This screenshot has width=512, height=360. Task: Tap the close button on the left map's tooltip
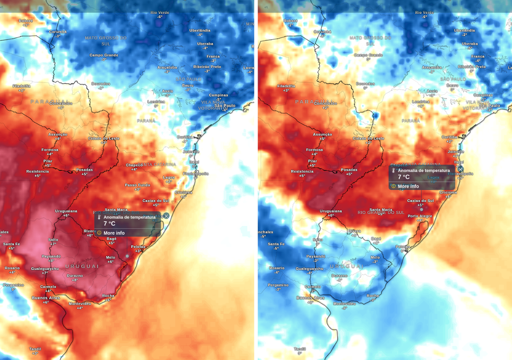click(x=166, y=216)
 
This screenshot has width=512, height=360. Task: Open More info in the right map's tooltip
click(x=408, y=186)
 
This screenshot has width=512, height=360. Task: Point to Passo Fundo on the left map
click(x=137, y=185)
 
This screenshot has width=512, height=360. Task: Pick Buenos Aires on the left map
click(x=47, y=298)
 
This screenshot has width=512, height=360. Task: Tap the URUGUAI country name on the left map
click(x=82, y=265)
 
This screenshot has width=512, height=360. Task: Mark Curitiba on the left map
click(x=185, y=136)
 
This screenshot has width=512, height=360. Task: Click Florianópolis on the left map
click(x=195, y=174)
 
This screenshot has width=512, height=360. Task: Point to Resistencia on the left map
click(x=37, y=171)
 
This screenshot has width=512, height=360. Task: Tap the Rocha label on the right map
click(x=373, y=295)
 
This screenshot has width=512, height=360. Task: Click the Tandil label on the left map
click(x=35, y=349)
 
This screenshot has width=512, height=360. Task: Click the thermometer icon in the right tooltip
click(x=394, y=170)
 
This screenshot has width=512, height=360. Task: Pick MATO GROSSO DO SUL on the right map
click(x=370, y=40)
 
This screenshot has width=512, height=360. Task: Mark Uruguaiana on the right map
click(x=331, y=211)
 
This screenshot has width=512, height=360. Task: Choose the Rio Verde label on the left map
click(x=159, y=12)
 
